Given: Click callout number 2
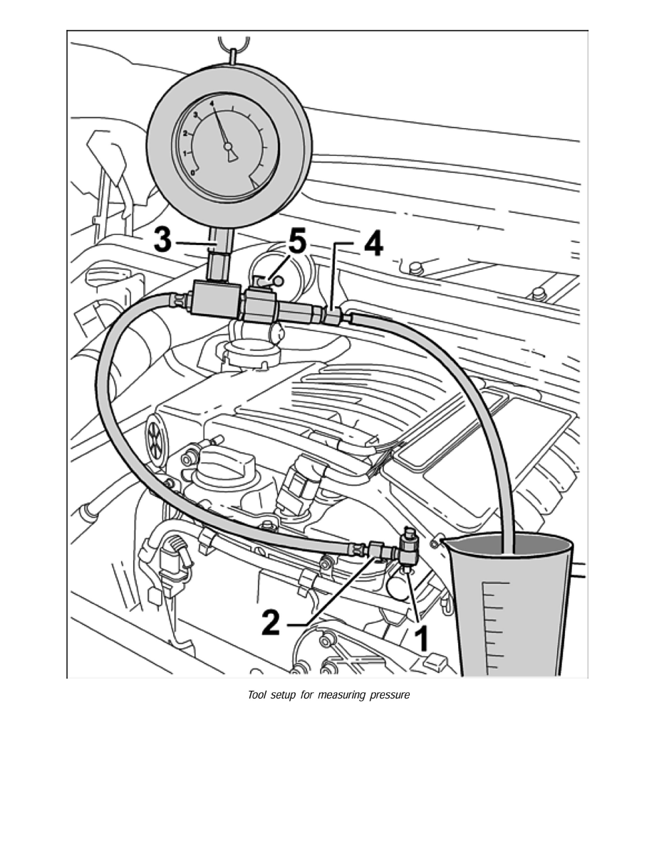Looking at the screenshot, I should click(271, 621).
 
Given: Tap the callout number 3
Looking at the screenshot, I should click(162, 241).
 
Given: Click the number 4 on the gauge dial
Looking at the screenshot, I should click(212, 103).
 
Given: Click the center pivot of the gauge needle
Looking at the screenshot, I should click(228, 147).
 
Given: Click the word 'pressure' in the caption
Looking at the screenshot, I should click(390, 695).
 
